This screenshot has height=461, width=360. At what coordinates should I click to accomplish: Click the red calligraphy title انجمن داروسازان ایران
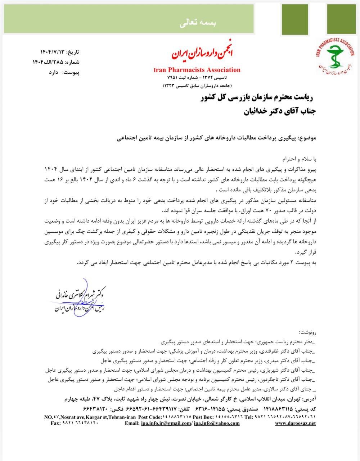coord(202,54)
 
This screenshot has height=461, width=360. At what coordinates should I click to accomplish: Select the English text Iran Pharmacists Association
coord(197,70)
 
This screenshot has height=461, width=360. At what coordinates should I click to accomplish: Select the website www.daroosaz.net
coord(295,423)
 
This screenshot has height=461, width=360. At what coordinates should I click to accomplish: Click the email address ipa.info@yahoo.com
coord(217,423)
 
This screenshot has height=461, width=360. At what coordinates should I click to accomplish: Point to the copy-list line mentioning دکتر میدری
coord(212,360)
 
